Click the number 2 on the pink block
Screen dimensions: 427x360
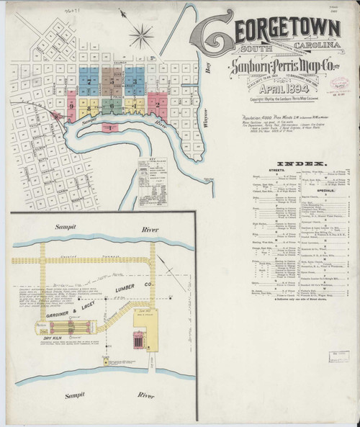pyautogui.click(x=156, y=104)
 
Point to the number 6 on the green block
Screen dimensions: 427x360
pyautogui.click(x=114, y=104)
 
